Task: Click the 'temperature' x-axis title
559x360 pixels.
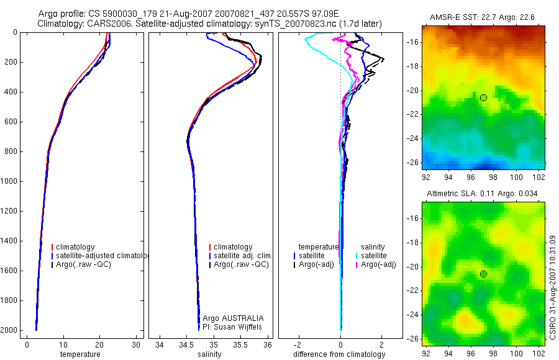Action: (x=80, y=354)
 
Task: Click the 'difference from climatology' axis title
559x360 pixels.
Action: (x=340, y=354)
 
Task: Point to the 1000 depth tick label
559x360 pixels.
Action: (x=10, y=181)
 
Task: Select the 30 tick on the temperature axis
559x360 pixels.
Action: (x=136, y=344)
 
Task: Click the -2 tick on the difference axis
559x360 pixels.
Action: (x=299, y=344)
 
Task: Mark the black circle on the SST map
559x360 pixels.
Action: (x=483, y=97)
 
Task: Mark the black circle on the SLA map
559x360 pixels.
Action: (x=483, y=274)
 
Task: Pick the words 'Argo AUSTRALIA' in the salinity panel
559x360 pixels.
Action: (x=234, y=318)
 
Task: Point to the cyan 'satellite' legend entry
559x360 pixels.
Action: (x=376, y=256)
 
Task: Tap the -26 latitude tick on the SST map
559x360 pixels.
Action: (x=412, y=163)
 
